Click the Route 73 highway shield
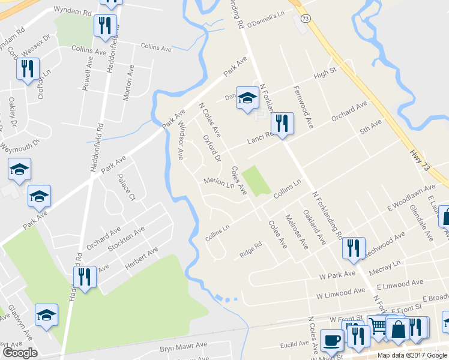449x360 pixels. [306, 19]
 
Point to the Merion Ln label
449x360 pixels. [218, 183]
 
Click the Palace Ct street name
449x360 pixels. [127, 187]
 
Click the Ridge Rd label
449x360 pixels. [251, 247]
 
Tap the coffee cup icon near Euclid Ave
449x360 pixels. [331, 340]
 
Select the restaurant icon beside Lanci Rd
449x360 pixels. [282, 124]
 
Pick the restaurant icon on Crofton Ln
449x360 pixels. [27, 69]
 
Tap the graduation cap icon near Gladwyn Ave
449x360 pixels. [46, 314]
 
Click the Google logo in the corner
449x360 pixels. [20, 353]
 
